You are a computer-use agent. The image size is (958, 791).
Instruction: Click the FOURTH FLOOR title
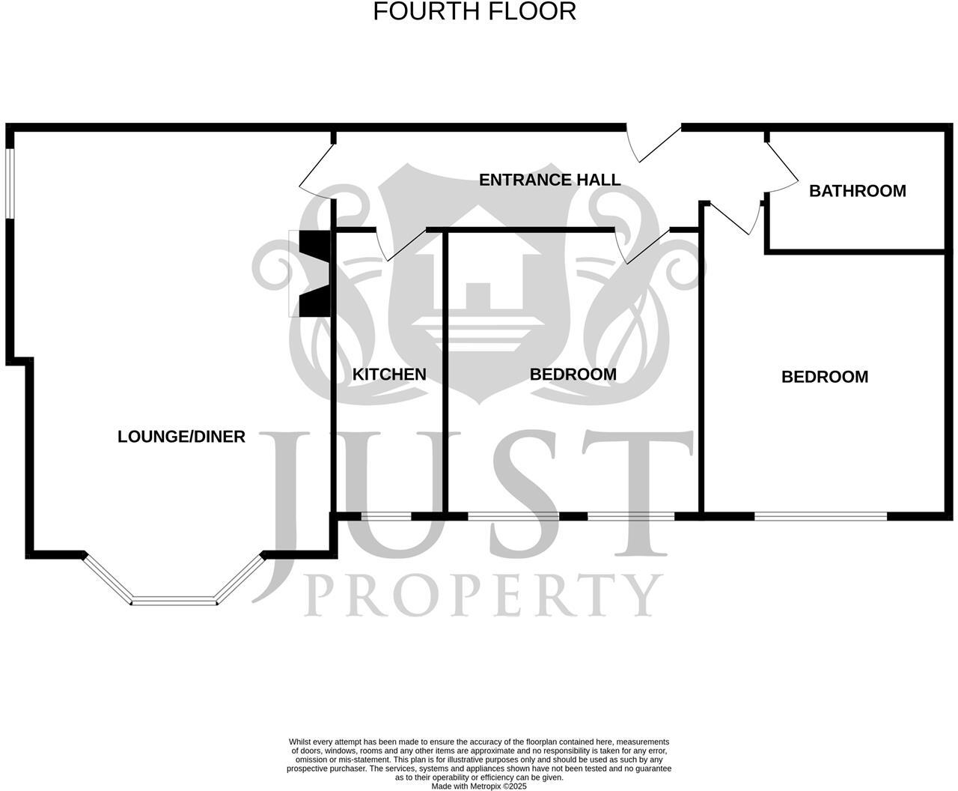475,12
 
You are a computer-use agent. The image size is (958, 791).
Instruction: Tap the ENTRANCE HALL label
549,180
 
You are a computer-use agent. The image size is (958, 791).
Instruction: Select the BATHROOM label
857,191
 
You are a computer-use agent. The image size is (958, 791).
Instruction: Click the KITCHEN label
389,375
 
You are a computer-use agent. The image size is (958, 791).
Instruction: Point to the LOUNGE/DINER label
181,437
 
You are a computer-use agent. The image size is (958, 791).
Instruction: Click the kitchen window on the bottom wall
386,515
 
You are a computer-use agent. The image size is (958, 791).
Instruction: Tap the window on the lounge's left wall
10,184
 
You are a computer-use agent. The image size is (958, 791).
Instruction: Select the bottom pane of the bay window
174,601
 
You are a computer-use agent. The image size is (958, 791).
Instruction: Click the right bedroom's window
820,515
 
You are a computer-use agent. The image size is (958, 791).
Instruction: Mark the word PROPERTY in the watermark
483,595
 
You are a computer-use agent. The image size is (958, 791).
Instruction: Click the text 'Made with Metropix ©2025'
479,787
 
